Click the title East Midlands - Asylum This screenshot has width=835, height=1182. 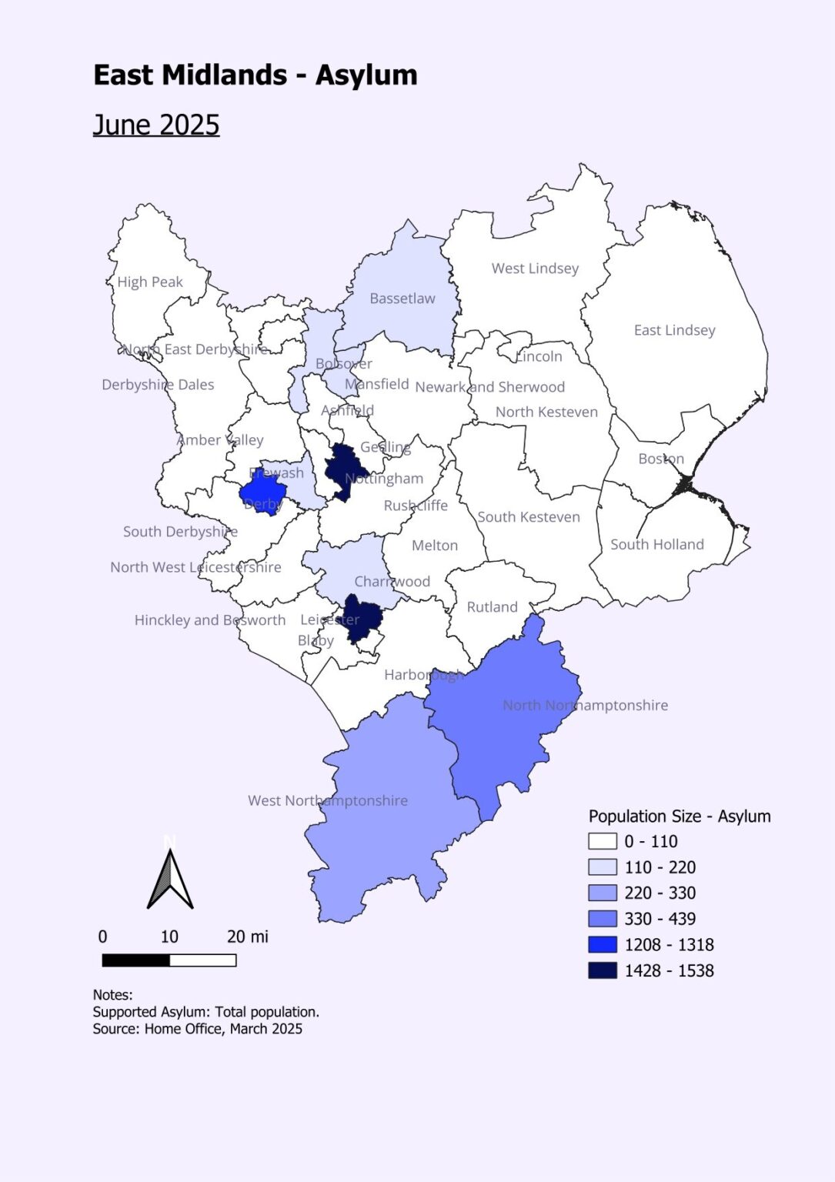point(255,75)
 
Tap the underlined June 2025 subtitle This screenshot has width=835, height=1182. point(156,125)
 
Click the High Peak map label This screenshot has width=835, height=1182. point(150,282)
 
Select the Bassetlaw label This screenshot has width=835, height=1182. point(402,299)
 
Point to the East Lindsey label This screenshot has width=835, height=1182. point(674,330)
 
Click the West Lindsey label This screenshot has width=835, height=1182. point(535,269)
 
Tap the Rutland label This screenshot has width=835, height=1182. point(493,607)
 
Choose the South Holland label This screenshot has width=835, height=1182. point(657,545)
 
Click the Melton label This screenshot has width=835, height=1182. point(435,546)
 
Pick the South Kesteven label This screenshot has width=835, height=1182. point(529,517)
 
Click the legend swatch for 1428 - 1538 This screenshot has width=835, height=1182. point(603,970)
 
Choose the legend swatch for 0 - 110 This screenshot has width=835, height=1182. point(603,841)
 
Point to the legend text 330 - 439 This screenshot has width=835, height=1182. point(660,919)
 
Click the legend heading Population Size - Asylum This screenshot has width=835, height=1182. point(680,816)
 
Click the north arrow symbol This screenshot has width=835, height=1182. point(170,877)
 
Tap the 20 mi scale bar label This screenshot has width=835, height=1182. point(248,937)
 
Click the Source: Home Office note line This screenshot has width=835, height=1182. point(198,1029)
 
